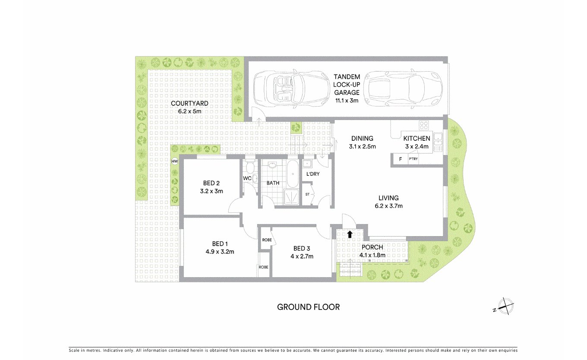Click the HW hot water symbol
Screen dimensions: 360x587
tap(175, 161)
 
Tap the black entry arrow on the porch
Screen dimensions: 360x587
tap(350, 234)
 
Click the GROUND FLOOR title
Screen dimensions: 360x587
tap(308, 307)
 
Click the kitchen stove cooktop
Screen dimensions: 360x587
tap(424, 126)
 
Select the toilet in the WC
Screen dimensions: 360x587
tap(254, 178)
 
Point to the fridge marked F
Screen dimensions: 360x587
tap(400, 159)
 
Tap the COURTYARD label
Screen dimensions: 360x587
tap(189, 103)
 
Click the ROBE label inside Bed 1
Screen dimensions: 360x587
tap(263, 267)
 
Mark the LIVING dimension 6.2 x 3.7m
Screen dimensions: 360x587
tap(388, 206)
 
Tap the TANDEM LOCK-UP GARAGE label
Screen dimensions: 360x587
tap(347, 88)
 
